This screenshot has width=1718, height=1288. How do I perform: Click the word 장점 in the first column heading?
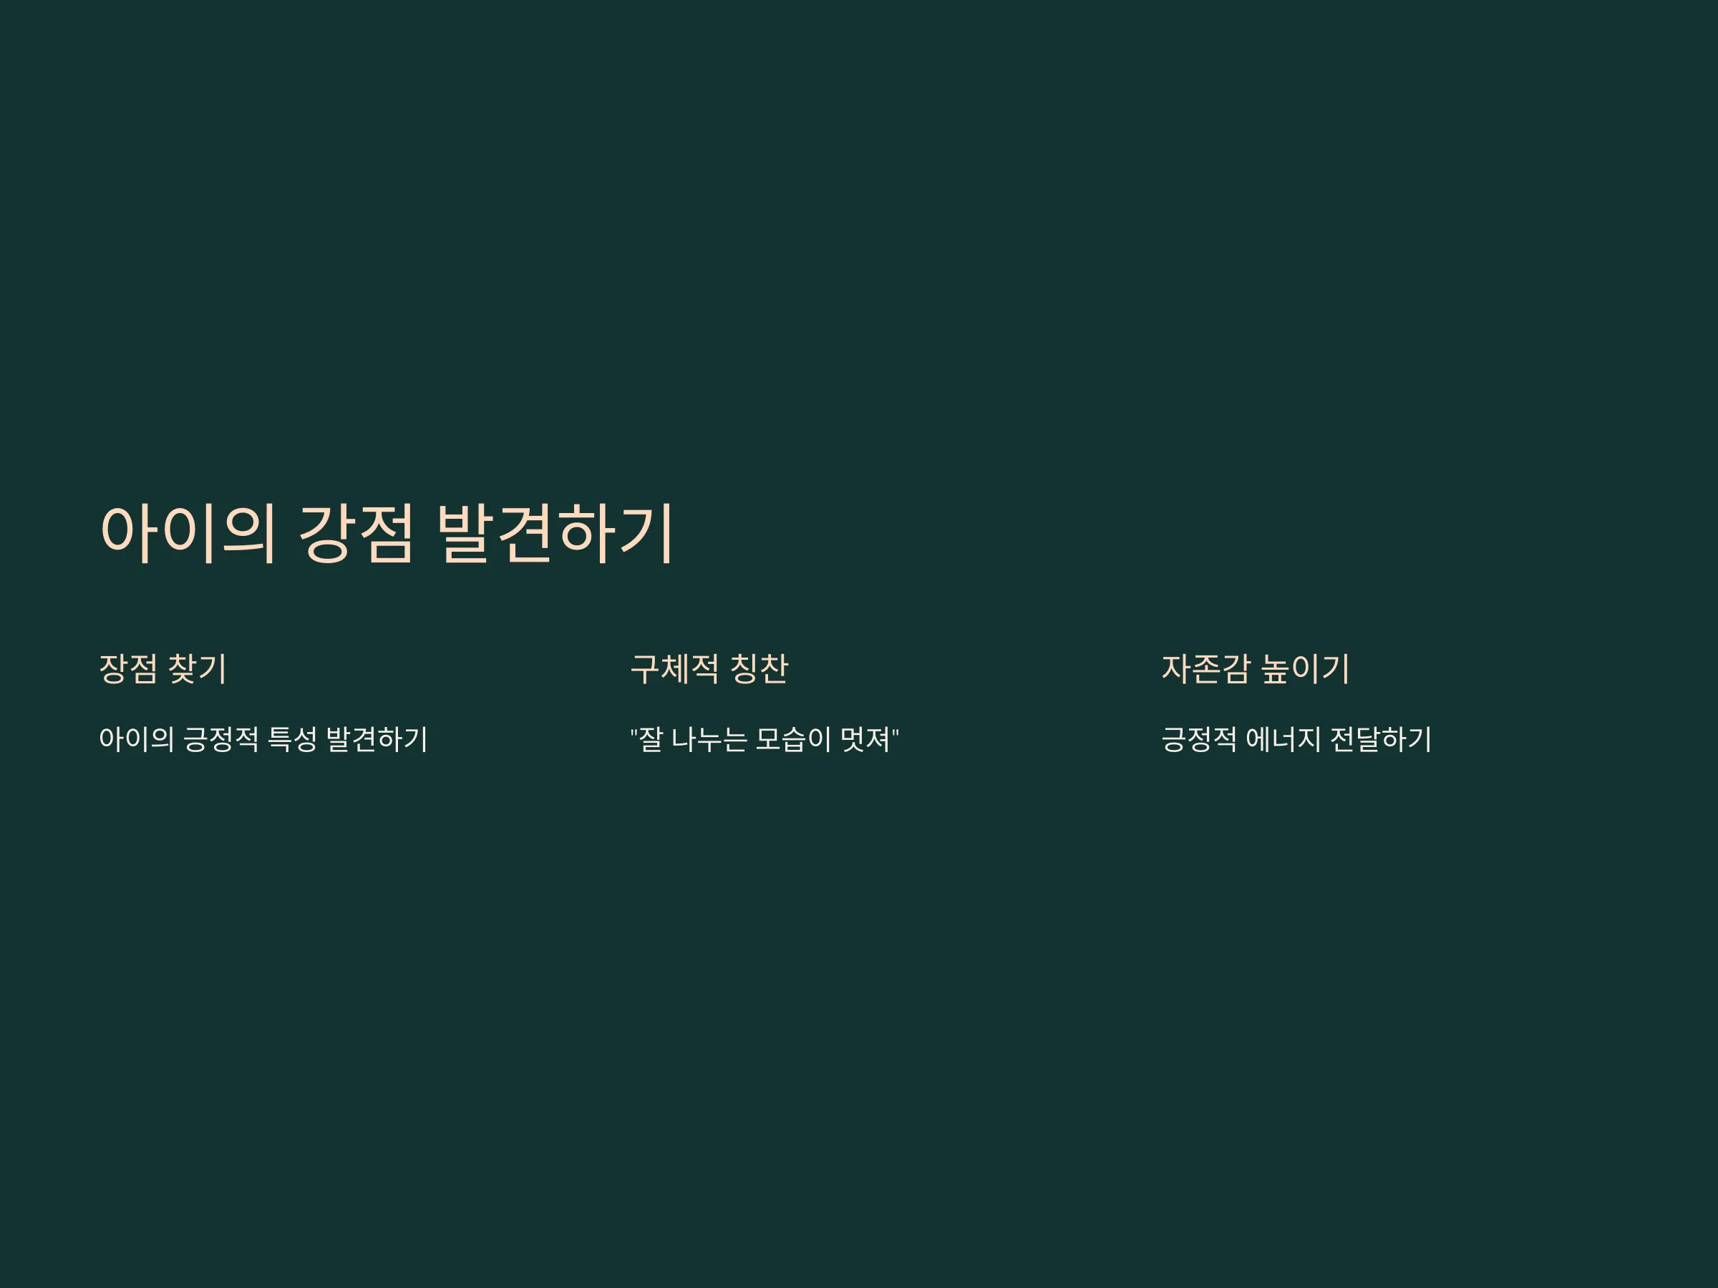click(128, 668)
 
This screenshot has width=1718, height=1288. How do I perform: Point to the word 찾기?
click(198, 668)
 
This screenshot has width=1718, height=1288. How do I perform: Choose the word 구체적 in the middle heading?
click(674, 668)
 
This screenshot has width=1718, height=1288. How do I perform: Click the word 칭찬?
click(759, 668)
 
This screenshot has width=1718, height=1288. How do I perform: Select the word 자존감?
click(1205, 668)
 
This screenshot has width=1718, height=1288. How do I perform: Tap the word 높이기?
click(1305, 668)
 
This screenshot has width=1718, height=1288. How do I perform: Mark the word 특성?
click(292, 739)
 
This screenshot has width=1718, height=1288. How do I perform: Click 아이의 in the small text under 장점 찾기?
click(137, 739)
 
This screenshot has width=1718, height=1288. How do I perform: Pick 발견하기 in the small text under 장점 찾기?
click(377, 739)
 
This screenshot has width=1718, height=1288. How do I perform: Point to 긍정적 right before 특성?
click(220, 739)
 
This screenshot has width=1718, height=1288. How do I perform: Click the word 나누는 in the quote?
click(709, 739)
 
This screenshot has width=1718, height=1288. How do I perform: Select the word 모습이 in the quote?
click(793, 739)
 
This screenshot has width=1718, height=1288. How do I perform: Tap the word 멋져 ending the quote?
click(865, 739)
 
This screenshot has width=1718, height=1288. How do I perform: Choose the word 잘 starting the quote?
click(651, 739)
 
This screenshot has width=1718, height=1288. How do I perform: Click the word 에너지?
click(1283, 739)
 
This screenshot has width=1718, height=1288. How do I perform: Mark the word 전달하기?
click(1381, 739)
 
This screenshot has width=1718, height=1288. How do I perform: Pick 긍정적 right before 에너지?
click(1199, 739)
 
